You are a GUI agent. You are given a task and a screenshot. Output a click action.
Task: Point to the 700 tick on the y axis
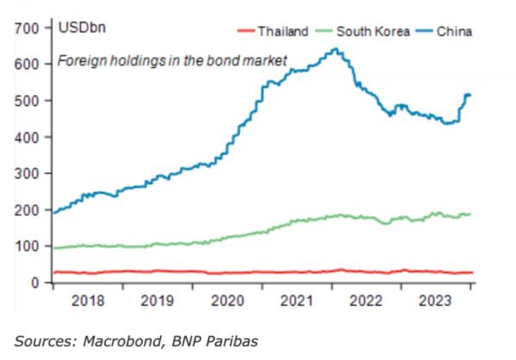click(x=28, y=28)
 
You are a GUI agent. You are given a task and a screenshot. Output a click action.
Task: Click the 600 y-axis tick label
click(x=28, y=64)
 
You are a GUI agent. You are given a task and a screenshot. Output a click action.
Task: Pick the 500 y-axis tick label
click(x=28, y=101)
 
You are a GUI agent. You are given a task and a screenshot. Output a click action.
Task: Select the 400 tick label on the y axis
click(x=28, y=137)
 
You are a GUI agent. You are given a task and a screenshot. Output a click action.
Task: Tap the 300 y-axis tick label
click(x=28, y=174)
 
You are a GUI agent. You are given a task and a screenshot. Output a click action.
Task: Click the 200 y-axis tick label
click(x=28, y=210)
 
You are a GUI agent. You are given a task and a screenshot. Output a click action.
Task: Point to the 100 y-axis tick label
click(x=28, y=246)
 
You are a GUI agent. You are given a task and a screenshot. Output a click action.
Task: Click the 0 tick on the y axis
click(x=35, y=282)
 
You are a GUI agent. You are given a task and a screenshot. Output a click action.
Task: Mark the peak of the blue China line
click(x=335, y=49)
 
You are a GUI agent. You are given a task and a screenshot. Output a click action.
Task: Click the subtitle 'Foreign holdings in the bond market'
click(x=171, y=61)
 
